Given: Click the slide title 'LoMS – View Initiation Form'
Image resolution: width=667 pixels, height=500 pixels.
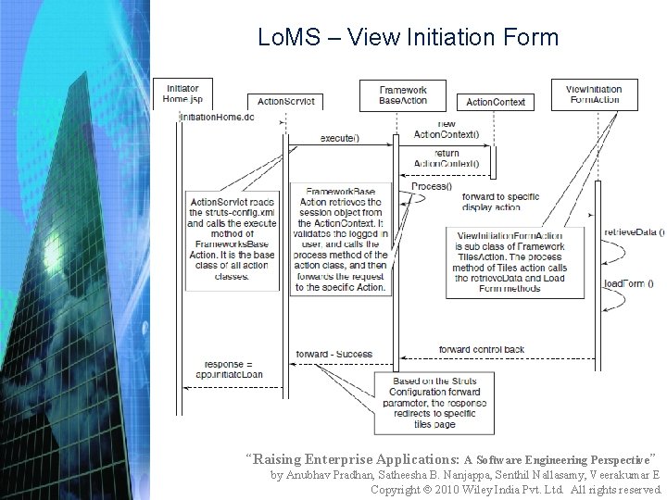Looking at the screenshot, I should [409, 37].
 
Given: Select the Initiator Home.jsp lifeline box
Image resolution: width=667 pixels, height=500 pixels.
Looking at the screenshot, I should [182, 94].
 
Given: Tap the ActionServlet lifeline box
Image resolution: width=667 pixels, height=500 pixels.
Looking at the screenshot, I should [285, 101].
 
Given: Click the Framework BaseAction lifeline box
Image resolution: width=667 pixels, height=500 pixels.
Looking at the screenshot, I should [403, 94].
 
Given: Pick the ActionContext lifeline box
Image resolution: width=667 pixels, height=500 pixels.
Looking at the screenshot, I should [496, 102].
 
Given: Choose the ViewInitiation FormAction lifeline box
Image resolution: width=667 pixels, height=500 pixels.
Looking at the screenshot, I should [595, 94].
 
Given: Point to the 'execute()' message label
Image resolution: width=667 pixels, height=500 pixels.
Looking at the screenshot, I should [340, 138].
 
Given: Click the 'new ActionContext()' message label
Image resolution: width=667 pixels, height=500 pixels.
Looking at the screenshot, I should [447, 129].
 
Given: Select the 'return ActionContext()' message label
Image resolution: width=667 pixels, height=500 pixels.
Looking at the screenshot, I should [447, 158].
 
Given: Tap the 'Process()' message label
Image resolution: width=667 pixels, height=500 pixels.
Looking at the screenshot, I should [432, 186].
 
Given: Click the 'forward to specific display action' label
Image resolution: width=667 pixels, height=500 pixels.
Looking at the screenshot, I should [501, 202].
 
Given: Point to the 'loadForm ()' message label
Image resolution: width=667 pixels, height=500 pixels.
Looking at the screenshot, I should [629, 283].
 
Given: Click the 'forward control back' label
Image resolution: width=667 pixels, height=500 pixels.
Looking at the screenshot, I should [482, 349].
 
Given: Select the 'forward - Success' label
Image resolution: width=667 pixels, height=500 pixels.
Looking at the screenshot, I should [334, 354].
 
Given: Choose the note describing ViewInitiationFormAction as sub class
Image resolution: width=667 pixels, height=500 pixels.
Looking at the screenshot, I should [510, 261].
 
